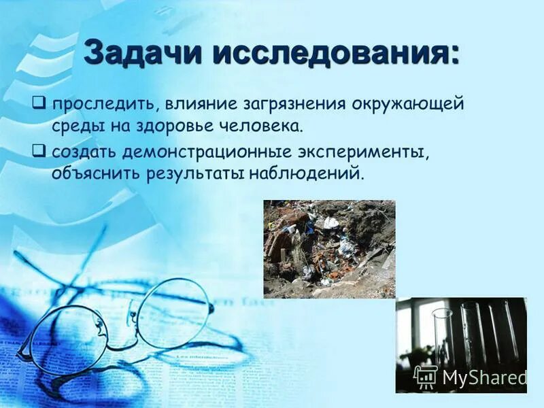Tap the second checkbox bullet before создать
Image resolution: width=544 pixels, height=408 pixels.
coord(39,148)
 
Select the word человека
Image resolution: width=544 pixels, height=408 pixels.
coord(262,127)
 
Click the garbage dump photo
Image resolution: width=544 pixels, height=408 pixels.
coord(329,249)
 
